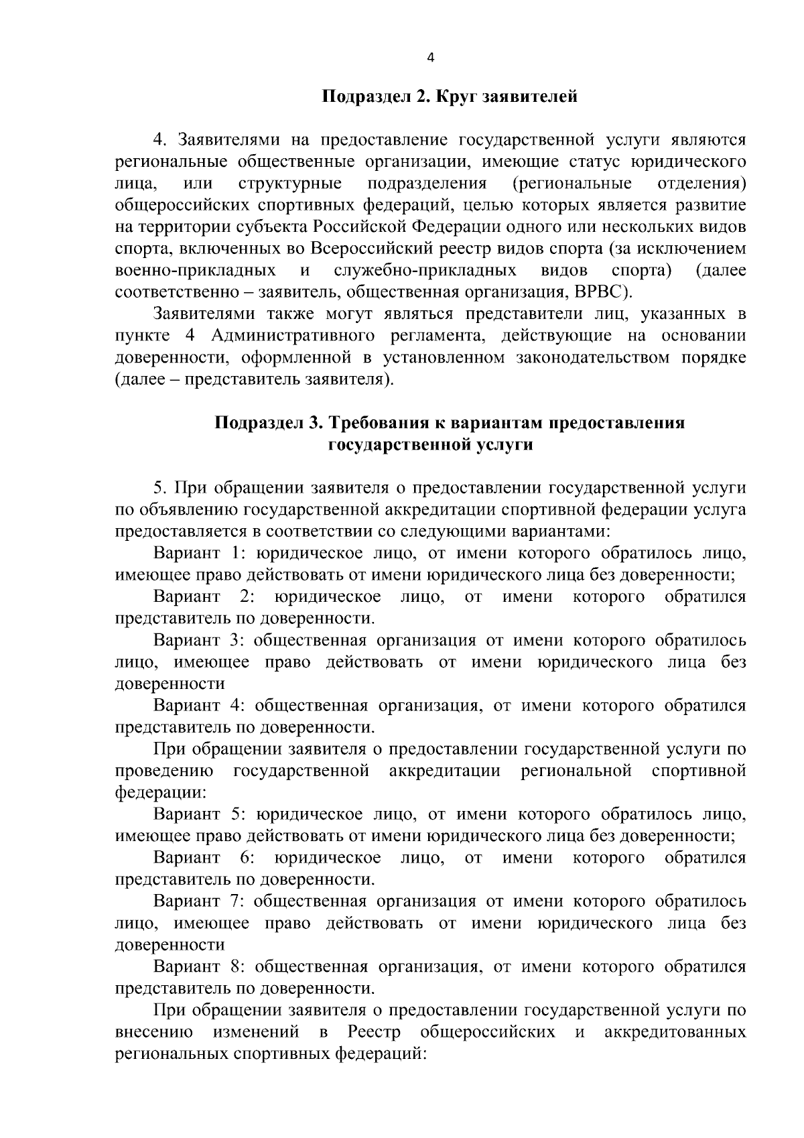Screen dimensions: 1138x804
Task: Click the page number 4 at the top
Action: pyautogui.click(x=430, y=58)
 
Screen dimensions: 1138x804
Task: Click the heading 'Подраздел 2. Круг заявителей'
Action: pyautogui.click(x=450, y=97)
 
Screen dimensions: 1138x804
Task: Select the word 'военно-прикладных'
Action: pyautogui.click(x=196, y=270)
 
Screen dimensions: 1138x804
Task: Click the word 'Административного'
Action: pyautogui.click(x=292, y=335)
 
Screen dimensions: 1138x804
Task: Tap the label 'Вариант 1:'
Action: pyautogui.click(x=196, y=553)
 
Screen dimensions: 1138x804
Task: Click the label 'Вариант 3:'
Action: pyautogui.click(x=197, y=640)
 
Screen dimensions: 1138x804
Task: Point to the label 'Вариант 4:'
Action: pyautogui.click(x=197, y=705)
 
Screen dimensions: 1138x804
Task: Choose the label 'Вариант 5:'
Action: pyautogui.click(x=197, y=814)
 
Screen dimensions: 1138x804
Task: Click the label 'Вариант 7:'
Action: pyautogui.click(x=197, y=901)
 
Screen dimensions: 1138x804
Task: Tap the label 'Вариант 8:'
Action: pyautogui.click(x=197, y=966)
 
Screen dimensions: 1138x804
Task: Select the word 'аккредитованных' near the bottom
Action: pyautogui.click(x=675, y=1031)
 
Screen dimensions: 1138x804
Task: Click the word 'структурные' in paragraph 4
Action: pyautogui.click(x=290, y=183)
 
